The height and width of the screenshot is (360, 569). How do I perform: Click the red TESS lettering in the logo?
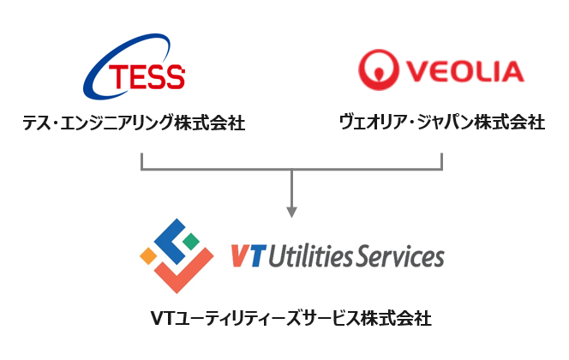pyautogui.click(x=147, y=76)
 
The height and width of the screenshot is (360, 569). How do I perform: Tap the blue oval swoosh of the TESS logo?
pyautogui.click(x=95, y=73)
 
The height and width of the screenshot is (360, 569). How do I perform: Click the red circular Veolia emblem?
pyautogui.click(x=379, y=69)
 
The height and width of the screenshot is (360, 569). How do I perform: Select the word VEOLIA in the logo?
pyautogui.click(x=465, y=71)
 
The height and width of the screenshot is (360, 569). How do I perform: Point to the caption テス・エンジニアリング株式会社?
pyautogui.click(x=134, y=123)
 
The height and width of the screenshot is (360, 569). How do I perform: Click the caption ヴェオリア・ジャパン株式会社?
pyautogui.click(x=442, y=122)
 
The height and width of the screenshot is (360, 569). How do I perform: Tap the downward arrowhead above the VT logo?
pyautogui.click(x=291, y=212)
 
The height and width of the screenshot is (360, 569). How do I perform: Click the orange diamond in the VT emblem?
pyautogui.click(x=148, y=255)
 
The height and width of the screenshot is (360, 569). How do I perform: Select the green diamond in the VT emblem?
pyautogui.click(x=190, y=241)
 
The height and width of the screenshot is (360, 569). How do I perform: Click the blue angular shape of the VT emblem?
pyautogui.click(x=171, y=242)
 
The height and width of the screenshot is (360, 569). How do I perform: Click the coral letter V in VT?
pyautogui.click(x=240, y=255)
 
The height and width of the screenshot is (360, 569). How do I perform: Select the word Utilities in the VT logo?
pyautogui.click(x=310, y=255)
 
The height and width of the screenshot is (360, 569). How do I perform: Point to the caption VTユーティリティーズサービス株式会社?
pyautogui.click(x=291, y=318)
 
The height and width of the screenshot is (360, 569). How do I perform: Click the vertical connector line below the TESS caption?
pyautogui.click(x=142, y=161)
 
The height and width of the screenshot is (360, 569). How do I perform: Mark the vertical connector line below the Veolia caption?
pyautogui.click(x=441, y=161)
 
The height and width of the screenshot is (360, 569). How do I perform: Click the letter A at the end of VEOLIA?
pyautogui.click(x=512, y=71)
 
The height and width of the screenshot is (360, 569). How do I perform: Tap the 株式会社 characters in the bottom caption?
pyautogui.click(x=397, y=318)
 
